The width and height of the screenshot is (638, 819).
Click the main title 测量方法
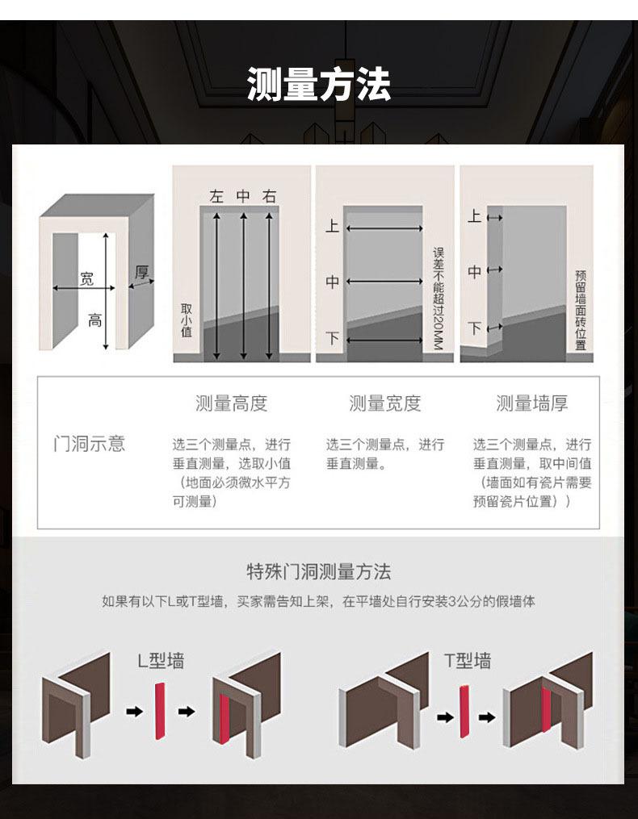coord(319,85)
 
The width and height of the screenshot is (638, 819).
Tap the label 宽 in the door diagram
coord(86,279)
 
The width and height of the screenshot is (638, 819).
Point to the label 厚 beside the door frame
coord(142,272)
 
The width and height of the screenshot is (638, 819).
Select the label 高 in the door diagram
coord(95,320)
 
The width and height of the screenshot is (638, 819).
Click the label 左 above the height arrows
coord(216,196)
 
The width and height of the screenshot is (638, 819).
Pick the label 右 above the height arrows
coord(269,196)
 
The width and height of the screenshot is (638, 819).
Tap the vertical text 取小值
coord(187,320)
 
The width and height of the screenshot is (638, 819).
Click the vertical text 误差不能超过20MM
coord(439,298)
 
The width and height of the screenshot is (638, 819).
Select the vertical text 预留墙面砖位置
coord(580,311)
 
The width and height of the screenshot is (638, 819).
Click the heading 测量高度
coord(231,403)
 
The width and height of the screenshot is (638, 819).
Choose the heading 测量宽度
coord(384,403)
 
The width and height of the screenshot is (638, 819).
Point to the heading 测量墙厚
coord(531,403)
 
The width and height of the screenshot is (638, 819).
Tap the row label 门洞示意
coord(89,444)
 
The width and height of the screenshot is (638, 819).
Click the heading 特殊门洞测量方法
coord(318,572)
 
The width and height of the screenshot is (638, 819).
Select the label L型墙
coord(160,661)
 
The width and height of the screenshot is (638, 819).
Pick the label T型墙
coord(467,661)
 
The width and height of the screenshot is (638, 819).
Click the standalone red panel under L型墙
coord(160,710)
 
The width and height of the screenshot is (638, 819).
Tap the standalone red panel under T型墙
coord(464,712)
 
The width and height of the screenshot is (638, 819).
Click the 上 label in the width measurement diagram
coord(332,227)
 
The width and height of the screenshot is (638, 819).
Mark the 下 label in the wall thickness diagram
coord(475,328)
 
